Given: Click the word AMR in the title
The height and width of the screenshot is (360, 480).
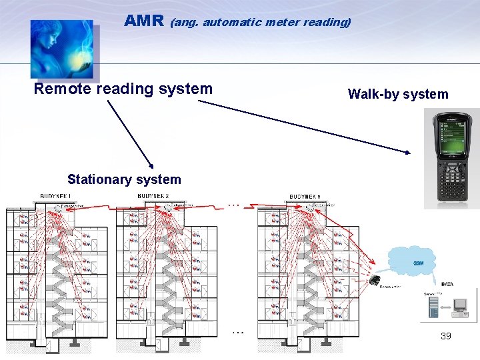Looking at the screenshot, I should click(144, 21).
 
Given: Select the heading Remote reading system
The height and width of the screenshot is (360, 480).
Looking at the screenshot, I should click(123, 89).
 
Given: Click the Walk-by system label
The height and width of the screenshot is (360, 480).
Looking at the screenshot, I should click(398, 94).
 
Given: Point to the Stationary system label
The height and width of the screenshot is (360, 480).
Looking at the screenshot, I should click(124, 179).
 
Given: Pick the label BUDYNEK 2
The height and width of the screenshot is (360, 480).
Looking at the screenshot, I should click(153, 196).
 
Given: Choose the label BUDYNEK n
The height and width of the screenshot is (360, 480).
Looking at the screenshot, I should click(305, 196).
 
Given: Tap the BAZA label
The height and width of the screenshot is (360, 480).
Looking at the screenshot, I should click(447, 284).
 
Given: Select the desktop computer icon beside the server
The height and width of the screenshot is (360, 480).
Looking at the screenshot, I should click(460, 306).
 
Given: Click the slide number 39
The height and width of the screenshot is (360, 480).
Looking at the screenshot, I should click(446, 336).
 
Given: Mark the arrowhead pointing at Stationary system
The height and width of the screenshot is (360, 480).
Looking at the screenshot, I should click(153, 167).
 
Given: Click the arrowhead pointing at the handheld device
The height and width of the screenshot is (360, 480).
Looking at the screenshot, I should click(409, 153).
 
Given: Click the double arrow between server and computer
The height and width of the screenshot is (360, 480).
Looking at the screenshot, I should click(445, 308).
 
